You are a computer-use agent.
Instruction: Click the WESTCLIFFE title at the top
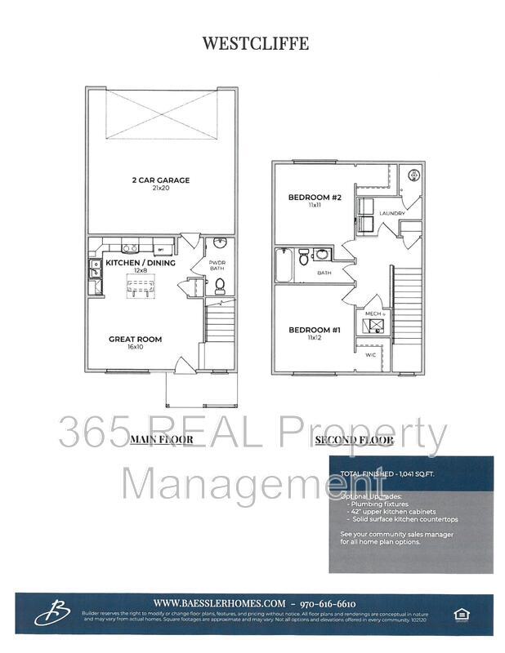[x=256, y=43]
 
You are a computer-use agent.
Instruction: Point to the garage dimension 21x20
[x=161, y=188]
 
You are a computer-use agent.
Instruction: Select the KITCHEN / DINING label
[x=141, y=263]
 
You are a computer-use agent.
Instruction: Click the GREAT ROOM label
[x=136, y=339]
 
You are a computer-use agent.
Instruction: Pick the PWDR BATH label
[x=218, y=264]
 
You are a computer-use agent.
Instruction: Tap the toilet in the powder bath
[x=219, y=285]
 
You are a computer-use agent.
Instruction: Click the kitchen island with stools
[x=141, y=286]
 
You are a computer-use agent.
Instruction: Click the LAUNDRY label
[x=392, y=213]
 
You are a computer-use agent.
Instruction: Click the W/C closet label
[x=370, y=355]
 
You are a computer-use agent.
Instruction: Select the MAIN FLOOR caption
[x=162, y=440]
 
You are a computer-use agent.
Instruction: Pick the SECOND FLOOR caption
[x=354, y=440]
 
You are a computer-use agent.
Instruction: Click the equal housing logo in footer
[x=458, y=613]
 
